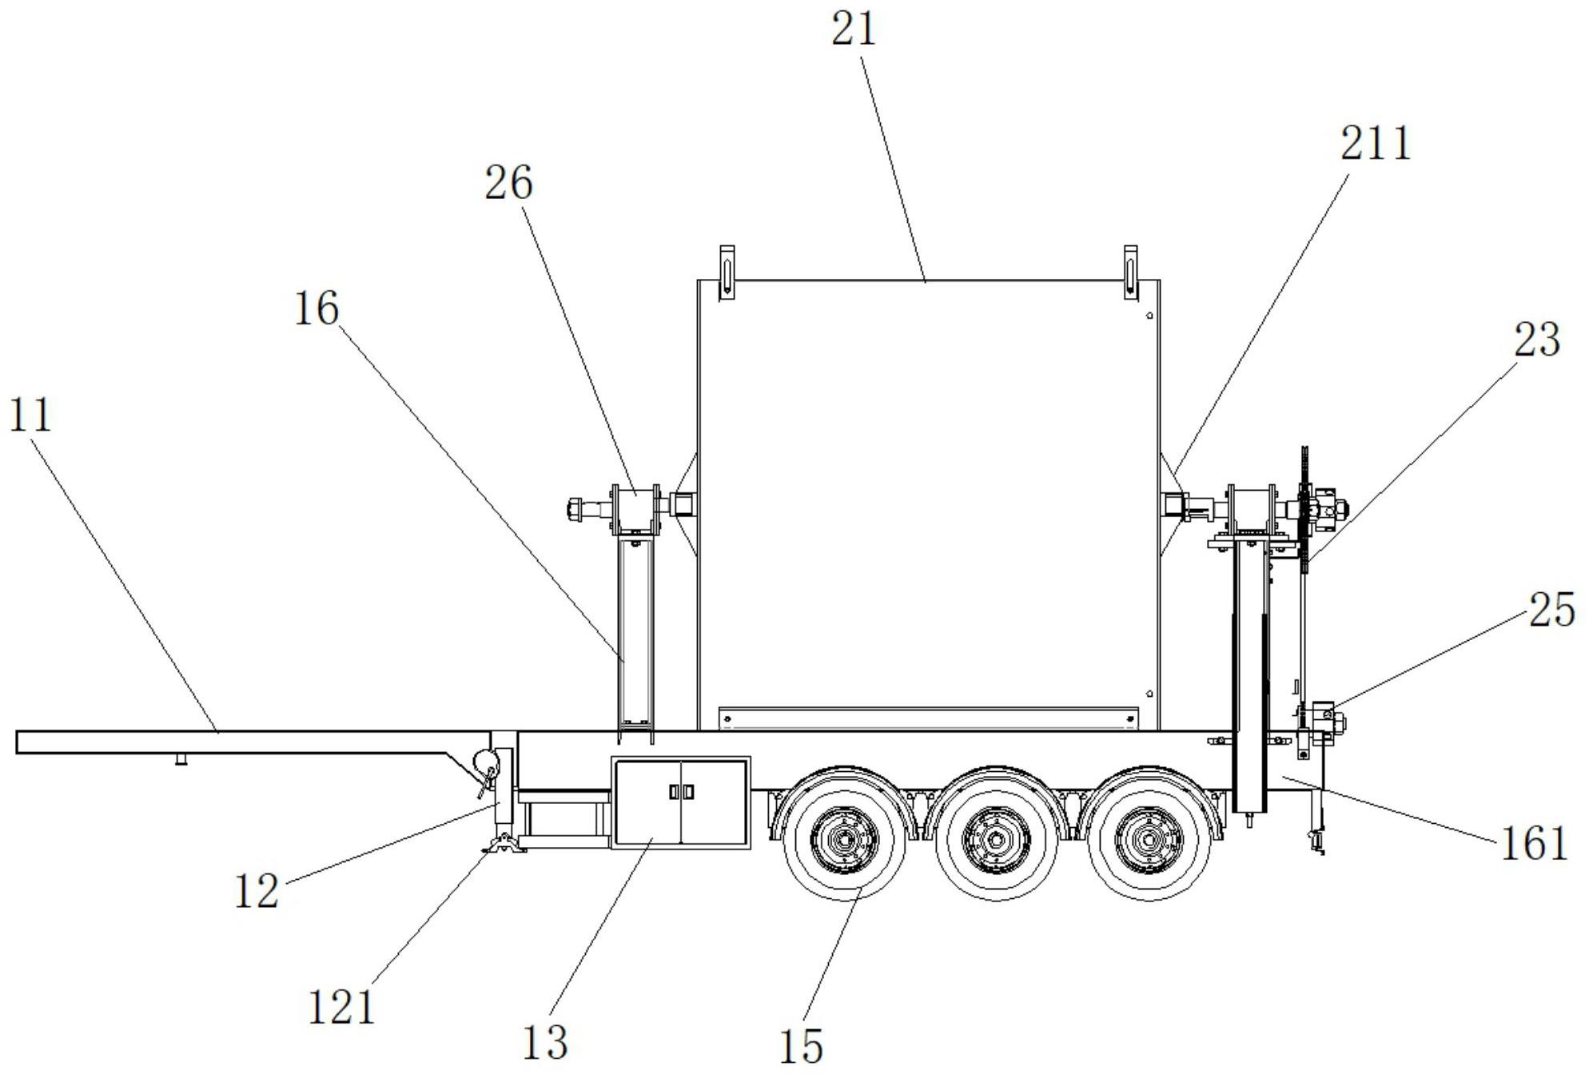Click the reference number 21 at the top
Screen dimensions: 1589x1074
coord(854,30)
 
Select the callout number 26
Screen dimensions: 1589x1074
coord(508,183)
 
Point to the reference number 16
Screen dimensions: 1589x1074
coord(317,308)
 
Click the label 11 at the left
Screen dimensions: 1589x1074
coord(30,416)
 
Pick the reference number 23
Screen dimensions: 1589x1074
coord(1536,340)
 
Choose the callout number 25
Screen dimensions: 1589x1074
coord(1552,610)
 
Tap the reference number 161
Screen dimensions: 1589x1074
coord(1534,843)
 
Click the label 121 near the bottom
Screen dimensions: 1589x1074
coord(341,1007)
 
